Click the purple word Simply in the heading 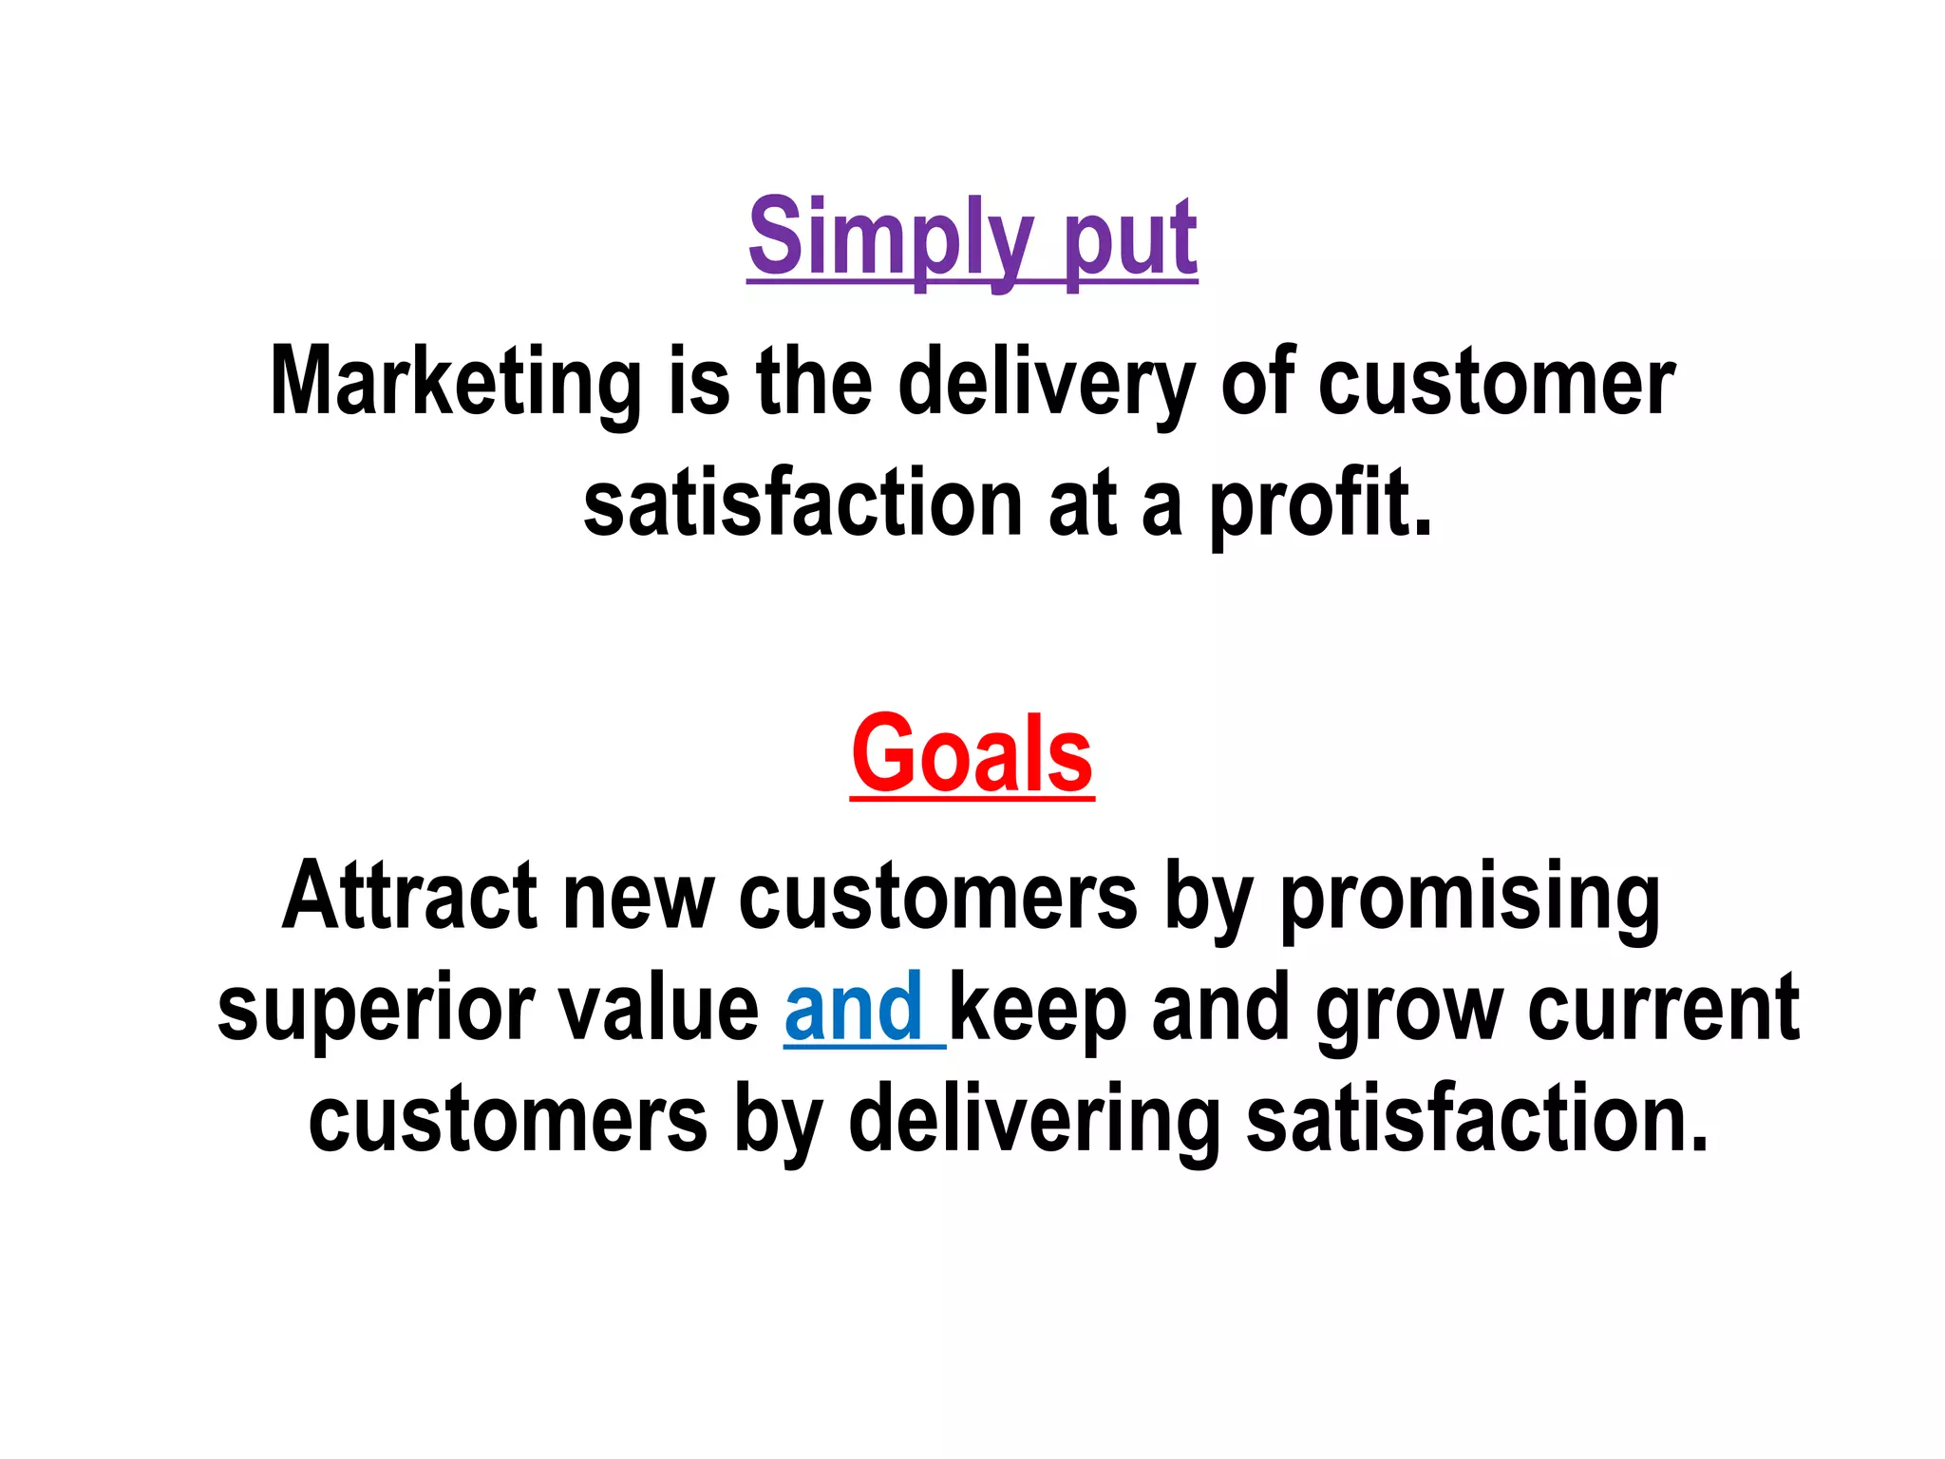coord(889,237)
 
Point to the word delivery coord(1046,383)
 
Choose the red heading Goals coord(972,755)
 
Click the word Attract coord(409,896)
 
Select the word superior coord(374,1008)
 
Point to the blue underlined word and coord(854,1008)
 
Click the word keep coord(1038,1008)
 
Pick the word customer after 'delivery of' coord(1496,383)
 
